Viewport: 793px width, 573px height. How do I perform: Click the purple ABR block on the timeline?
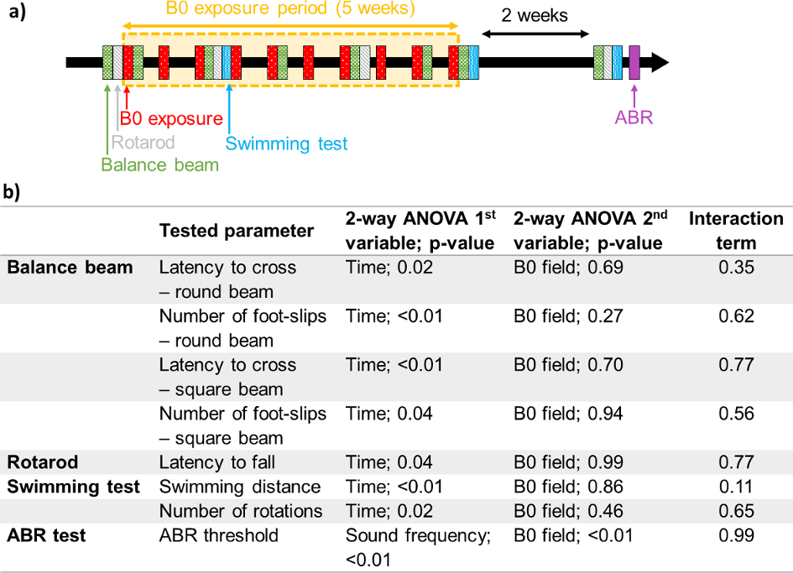[634, 62]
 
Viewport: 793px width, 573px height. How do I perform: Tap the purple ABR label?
[634, 117]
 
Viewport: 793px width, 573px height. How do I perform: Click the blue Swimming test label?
[287, 143]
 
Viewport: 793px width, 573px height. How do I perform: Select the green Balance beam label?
[159, 164]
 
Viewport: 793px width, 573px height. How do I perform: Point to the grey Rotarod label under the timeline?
[143, 142]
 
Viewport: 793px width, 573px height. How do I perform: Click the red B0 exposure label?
[171, 119]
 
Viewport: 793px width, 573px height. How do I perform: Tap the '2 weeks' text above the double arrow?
[535, 16]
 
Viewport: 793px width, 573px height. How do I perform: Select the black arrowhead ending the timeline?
[660, 62]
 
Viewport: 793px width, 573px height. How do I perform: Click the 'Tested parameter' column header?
[237, 231]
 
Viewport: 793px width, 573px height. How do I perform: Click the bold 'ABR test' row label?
[46, 534]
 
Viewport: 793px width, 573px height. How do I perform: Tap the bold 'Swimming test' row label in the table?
[74, 487]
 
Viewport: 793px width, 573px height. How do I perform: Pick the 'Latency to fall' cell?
[217, 462]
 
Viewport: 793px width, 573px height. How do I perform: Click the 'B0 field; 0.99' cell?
[571, 462]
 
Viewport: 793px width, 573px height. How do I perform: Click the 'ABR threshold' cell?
[219, 534]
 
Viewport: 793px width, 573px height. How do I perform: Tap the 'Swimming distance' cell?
[240, 487]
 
